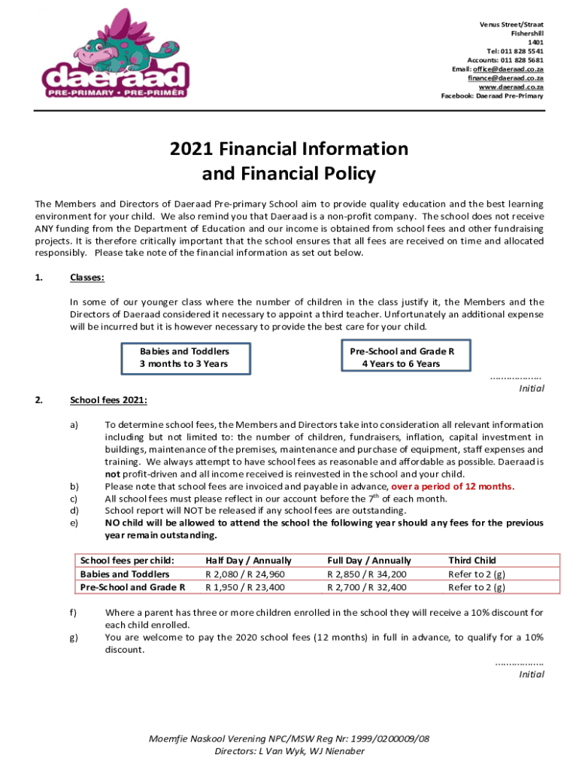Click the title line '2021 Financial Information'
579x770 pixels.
coord(289,149)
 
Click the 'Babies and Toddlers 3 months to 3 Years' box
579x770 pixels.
coord(184,358)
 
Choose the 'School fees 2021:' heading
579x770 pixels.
coord(108,400)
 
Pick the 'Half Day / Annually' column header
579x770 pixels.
coord(248,560)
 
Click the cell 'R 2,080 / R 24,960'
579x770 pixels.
coord(244,574)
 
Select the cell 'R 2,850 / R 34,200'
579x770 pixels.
coord(366,574)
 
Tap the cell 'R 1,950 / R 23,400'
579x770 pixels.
coord(244,587)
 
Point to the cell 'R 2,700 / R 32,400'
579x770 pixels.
coord(366,587)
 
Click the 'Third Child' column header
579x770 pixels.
coord(471,560)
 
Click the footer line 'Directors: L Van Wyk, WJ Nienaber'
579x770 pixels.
coord(289,751)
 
